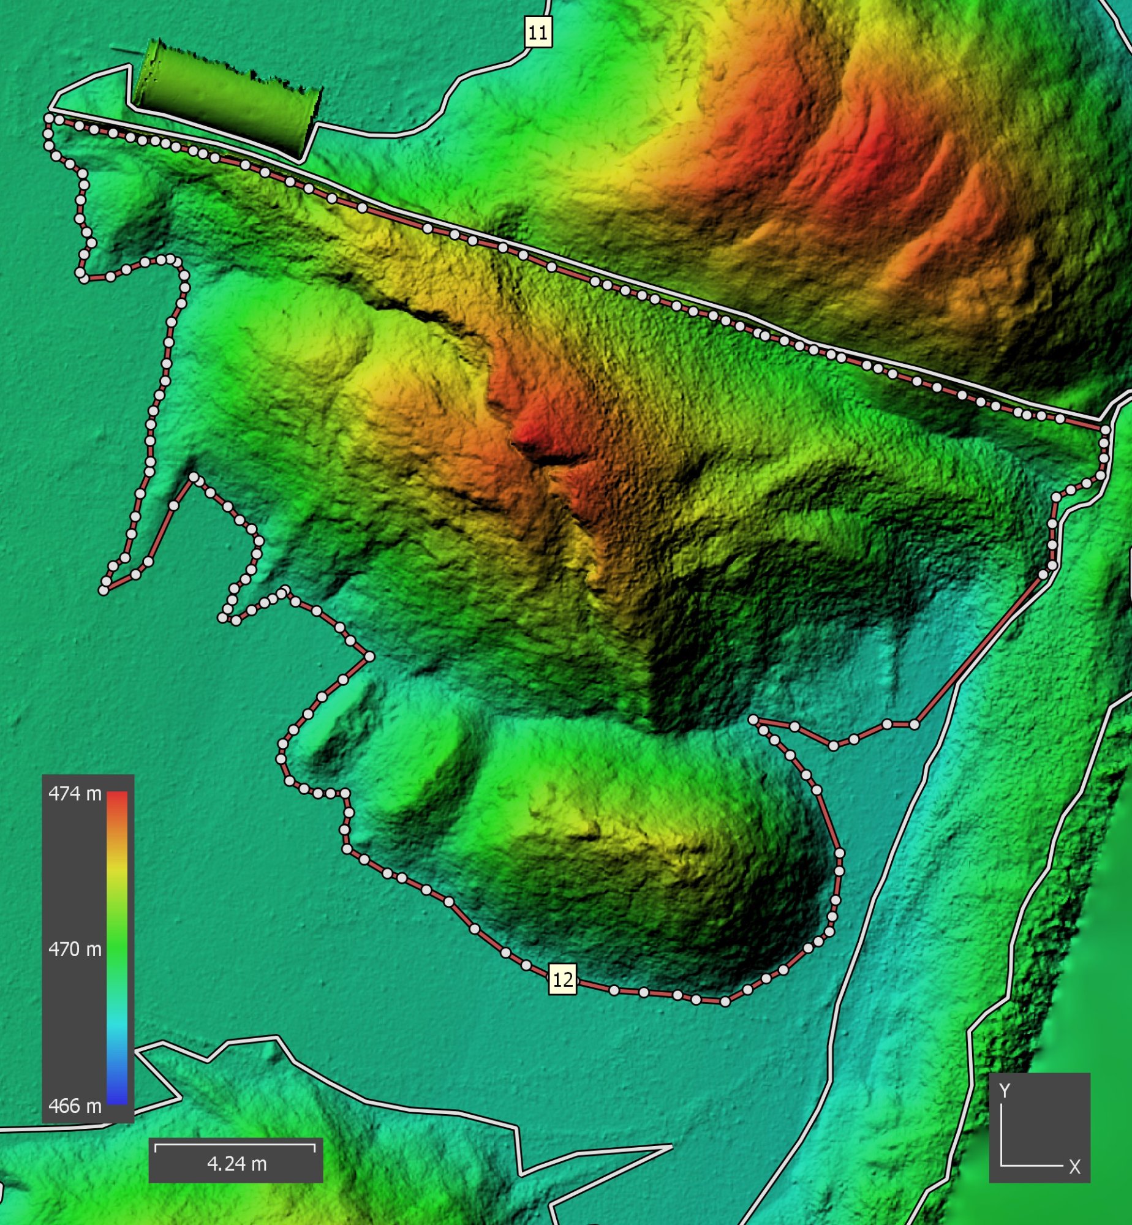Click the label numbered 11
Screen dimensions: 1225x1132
point(538,32)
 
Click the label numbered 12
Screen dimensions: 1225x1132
point(562,979)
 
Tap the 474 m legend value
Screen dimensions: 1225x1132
point(75,794)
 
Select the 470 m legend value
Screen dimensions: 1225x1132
point(75,949)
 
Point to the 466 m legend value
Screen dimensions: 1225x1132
point(75,1106)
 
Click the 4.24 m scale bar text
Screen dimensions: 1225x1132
point(236,1164)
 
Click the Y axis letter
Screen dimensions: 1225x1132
point(1005,1091)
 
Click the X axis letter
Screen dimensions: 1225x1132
point(1074,1167)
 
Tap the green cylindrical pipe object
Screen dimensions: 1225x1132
point(227,98)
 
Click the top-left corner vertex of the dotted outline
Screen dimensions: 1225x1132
point(48,118)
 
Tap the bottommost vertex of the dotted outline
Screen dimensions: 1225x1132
point(725,1002)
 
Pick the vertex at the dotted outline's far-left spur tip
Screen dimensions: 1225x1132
point(104,590)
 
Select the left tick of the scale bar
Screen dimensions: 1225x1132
point(156,1147)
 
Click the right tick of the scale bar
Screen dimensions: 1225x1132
point(315,1147)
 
